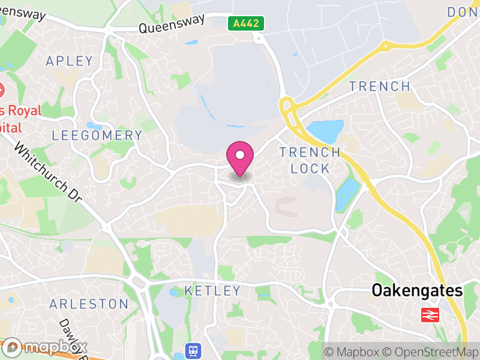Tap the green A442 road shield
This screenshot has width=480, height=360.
pos(246,23)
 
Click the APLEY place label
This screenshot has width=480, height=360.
pos(70,61)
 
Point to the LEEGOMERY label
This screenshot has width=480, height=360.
pos(97,136)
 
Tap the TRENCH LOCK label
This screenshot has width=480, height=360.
pos(310,160)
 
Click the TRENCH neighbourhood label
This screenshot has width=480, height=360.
pos(380,86)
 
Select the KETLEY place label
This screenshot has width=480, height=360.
pos(212,291)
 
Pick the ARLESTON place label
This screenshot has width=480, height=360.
pos(89,304)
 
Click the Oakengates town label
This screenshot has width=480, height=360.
pos(418,291)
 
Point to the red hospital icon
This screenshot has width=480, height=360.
pos(1,91)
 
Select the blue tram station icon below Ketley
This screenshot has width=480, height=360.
pos(194,350)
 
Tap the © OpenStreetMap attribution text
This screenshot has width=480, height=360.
pos(431,352)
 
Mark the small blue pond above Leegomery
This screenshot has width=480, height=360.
pos(95,126)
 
